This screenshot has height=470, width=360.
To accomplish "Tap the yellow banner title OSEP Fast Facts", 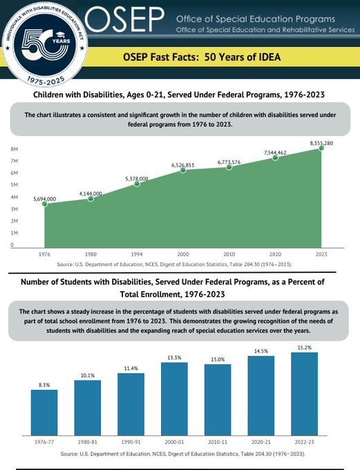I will coord(201,57).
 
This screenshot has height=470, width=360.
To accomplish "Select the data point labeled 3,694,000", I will coord(44,204).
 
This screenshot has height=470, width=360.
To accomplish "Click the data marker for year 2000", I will coord(183,170).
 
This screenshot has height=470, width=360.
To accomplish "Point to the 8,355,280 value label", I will coord(321,143).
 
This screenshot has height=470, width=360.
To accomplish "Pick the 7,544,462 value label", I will coord(275,152).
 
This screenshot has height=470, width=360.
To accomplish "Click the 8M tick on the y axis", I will coord(14,149).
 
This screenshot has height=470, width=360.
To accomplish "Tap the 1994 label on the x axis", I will coord(137,254).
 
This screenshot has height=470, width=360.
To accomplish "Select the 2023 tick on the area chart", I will coord(321,254).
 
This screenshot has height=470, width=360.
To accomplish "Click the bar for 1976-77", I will coord(44,413).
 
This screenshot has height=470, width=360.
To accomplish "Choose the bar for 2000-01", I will coord(174,399).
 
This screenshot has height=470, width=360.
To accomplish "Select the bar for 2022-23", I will coord(304,394).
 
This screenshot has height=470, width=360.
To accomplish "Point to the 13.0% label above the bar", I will coord(218,359).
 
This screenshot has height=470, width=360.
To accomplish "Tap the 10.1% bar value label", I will coord(88,375).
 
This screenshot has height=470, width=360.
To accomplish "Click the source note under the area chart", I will coord(174,264).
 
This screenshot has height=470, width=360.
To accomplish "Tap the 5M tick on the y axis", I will coord(14,185).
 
